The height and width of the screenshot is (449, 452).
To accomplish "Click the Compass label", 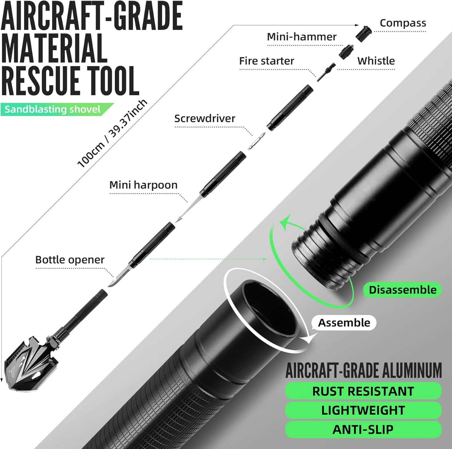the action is click(x=403, y=23).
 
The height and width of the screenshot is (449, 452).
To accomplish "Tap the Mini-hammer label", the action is click(x=302, y=37).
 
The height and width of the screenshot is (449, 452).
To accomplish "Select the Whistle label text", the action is click(x=376, y=61).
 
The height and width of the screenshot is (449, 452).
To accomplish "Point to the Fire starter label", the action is click(x=267, y=61).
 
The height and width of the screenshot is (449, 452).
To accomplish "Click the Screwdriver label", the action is click(x=205, y=119).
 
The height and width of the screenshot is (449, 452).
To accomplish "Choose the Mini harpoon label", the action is click(x=143, y=185).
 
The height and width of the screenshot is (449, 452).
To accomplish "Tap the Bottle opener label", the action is click(x=70, y=260).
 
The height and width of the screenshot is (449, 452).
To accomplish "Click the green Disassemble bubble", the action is click(x=403, y=290).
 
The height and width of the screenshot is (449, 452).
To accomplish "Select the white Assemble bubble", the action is click(x=344, y=323).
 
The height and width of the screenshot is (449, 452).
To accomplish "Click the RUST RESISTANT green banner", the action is click(x=363, y=391).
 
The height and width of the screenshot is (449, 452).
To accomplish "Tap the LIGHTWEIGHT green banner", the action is click(x=363, y=411).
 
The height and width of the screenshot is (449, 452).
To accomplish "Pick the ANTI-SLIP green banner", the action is click(x=363, y=430).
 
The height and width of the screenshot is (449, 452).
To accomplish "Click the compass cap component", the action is click(x=363, y=34).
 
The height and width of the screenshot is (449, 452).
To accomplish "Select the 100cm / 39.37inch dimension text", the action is click(x=112, y=134).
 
